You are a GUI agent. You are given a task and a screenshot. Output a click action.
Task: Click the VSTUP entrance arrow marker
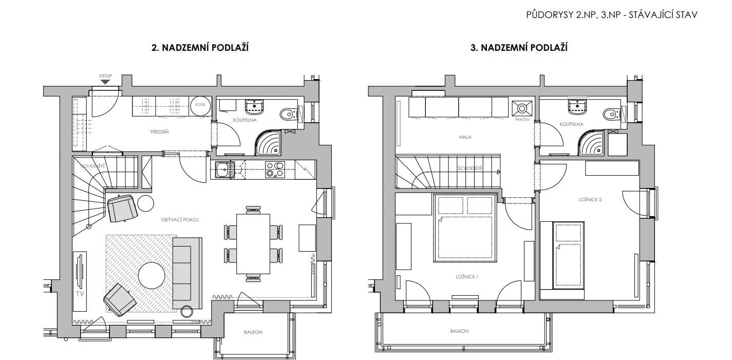point(105,82)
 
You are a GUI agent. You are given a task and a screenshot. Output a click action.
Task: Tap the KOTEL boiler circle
point(200,106)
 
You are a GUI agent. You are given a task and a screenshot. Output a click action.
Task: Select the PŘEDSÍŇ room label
point(159,132)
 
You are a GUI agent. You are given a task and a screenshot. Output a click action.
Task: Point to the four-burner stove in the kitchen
point(275,169)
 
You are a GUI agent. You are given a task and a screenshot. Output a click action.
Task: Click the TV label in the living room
point(80,294)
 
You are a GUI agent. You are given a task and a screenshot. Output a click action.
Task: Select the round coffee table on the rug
point(152,275)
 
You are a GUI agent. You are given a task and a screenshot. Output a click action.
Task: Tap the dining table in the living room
point(253,244)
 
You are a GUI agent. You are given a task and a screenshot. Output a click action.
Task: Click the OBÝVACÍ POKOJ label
point(180,220)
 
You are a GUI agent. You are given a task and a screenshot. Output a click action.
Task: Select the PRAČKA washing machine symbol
point(522,108)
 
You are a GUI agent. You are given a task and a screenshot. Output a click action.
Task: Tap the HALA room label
point(465,137)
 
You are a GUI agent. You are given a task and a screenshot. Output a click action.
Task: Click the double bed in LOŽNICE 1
point(465,228)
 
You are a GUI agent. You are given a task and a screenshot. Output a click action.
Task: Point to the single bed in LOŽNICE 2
point(568,255)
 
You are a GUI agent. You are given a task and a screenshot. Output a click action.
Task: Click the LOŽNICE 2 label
point(590,200)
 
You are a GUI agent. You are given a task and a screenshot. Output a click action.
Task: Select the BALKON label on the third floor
point(459,331)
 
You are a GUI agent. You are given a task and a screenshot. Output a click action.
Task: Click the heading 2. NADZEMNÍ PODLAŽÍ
point(200,48)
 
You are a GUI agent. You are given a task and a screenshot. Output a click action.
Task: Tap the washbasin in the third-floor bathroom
point(578,106)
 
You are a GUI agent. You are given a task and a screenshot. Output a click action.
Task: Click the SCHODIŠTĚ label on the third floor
point(470,168)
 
